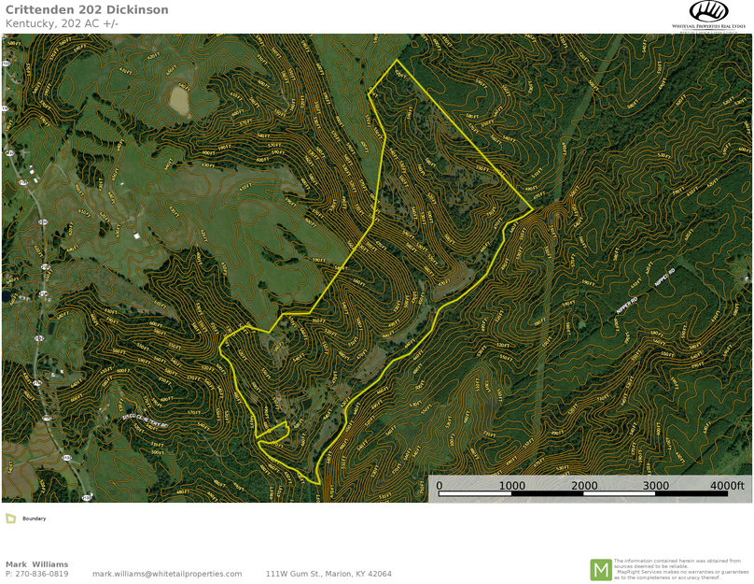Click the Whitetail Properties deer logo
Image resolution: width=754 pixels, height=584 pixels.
click(x=708, y=11)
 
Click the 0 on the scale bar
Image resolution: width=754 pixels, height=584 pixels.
click(x=440, y=486)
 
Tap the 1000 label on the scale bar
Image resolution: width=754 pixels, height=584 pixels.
click(x=511, y=486)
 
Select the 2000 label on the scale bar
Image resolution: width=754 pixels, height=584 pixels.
click(x=584, y=486)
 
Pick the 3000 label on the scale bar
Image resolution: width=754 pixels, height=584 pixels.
click(x=656, y=486)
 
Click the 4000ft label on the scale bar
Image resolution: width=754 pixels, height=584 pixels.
click(x=726, y=486)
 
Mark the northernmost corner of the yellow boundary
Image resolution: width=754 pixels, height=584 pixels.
click(x=397, y=61)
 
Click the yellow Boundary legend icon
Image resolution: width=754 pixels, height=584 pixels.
click(x=10, y=519)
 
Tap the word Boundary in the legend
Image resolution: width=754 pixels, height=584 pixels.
click(x=35, y=519)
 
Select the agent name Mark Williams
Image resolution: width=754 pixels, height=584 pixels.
click(x=36, y=564)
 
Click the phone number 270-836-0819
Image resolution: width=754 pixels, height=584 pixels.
click(x=42, y=574)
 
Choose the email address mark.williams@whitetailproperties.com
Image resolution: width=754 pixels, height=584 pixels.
click(x=167, y=574)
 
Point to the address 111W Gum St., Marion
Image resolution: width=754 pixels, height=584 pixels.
click(x=328, y=574)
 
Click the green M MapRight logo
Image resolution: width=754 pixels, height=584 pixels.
click(x=600, y=569)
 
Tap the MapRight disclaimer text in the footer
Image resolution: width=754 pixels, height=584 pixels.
click(x=680, y=569)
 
